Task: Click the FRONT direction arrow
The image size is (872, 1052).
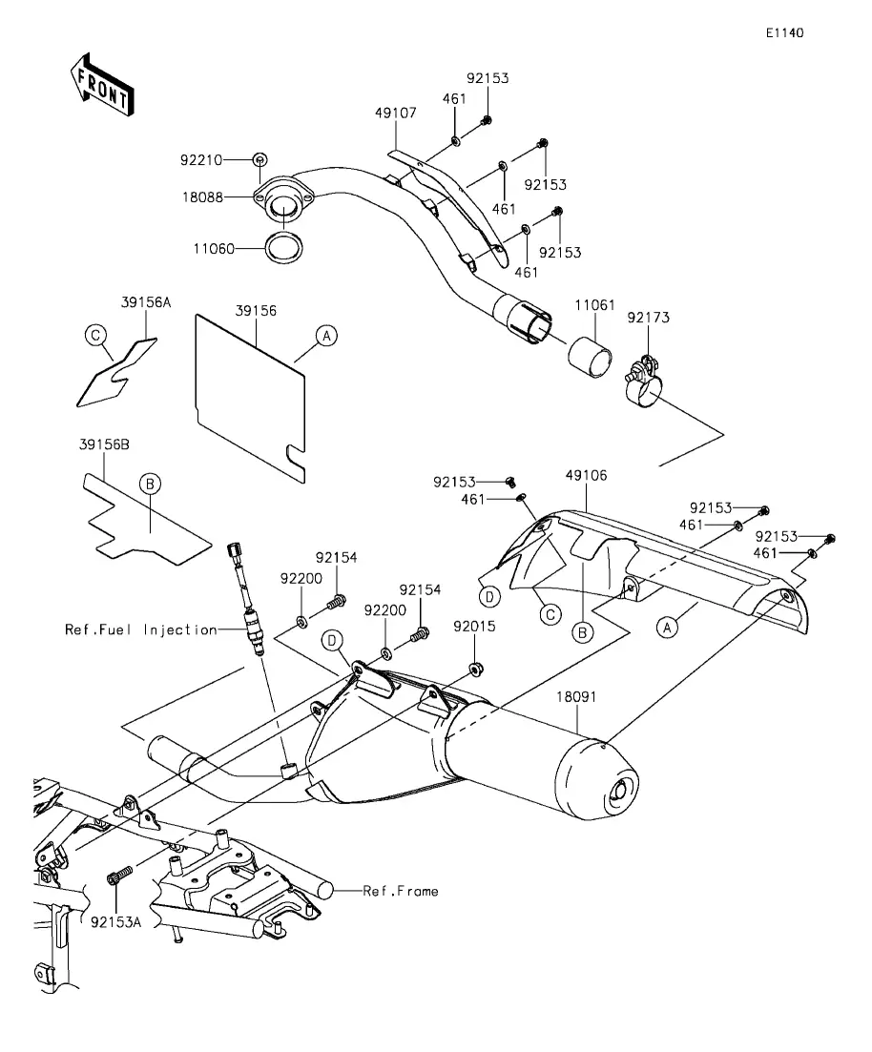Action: [x=102, y=85]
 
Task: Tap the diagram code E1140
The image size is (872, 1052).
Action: [x=785, y=32]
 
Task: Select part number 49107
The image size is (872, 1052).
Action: [x=395, y=113]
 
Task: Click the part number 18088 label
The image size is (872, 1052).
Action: [x=202, y=197]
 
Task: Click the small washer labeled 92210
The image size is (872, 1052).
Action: [x=260, y=159]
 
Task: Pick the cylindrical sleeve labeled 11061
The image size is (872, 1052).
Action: [x=591, y=357]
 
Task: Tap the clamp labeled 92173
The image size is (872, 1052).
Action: [x=644, y=383]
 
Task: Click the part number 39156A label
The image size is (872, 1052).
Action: [x=146, y=302]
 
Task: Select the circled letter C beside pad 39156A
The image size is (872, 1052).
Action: [x=95, y=336]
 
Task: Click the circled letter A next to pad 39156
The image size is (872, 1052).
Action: [x=326, y=336]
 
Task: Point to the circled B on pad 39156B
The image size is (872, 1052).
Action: [x=150, y=484]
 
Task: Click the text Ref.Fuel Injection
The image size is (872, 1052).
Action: [x=141, y=630]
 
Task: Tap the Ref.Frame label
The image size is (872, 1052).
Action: [x=401, y=891]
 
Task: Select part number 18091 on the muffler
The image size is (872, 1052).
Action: [x=576, y=697]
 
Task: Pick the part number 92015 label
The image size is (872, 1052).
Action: [x=474, y=626]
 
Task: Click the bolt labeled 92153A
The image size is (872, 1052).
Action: [x=120, y=875]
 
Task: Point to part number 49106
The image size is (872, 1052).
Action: [x=586, y=476]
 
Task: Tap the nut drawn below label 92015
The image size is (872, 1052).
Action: [x=475, y=669]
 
